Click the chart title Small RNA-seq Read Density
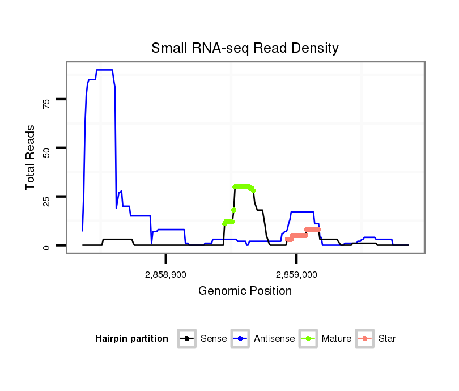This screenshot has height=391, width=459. click(x=245, y=48)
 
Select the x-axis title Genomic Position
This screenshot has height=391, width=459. click(x=245, y=291)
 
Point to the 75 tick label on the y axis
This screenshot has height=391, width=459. click(x=46, y=102)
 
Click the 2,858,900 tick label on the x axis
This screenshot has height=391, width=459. click(x=165, y=275)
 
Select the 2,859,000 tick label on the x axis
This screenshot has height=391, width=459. click(x=296, y=275)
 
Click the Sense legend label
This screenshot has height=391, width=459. click(x=214, y=339)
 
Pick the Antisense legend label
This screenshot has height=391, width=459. click(x=274, y=339)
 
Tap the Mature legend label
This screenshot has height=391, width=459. click(x=336, y=339)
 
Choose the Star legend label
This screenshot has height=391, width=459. click(x=386, y=339)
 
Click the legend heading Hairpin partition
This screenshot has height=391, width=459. click(x=131, y=339)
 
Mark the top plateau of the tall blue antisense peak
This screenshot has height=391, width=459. click(x=105, y=70)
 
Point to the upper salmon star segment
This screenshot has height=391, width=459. click(x=312, y=229)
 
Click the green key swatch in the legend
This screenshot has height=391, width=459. click(x=310, y=339)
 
